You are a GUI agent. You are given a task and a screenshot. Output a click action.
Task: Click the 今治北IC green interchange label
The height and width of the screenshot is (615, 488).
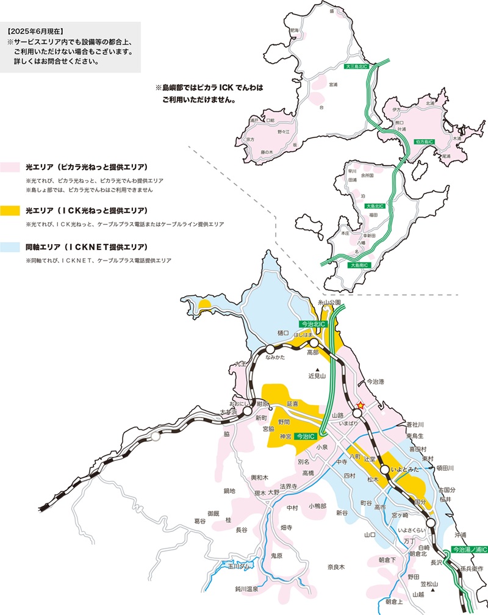tap(313, 325)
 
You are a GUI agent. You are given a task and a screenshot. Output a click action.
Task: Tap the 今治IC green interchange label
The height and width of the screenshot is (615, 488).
tap(308, 437)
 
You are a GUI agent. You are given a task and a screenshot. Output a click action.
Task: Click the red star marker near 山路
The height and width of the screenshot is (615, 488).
tap(361, 404)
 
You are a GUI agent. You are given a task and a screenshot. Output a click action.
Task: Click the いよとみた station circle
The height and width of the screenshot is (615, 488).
tap(384, 470)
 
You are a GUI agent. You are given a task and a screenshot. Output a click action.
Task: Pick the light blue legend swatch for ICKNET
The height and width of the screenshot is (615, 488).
tap(12, 247)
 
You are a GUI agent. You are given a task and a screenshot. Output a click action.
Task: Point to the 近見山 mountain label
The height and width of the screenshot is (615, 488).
tap(317, 376)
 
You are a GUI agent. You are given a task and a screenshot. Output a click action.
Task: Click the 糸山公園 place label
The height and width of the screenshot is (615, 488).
tap(331, 302)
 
